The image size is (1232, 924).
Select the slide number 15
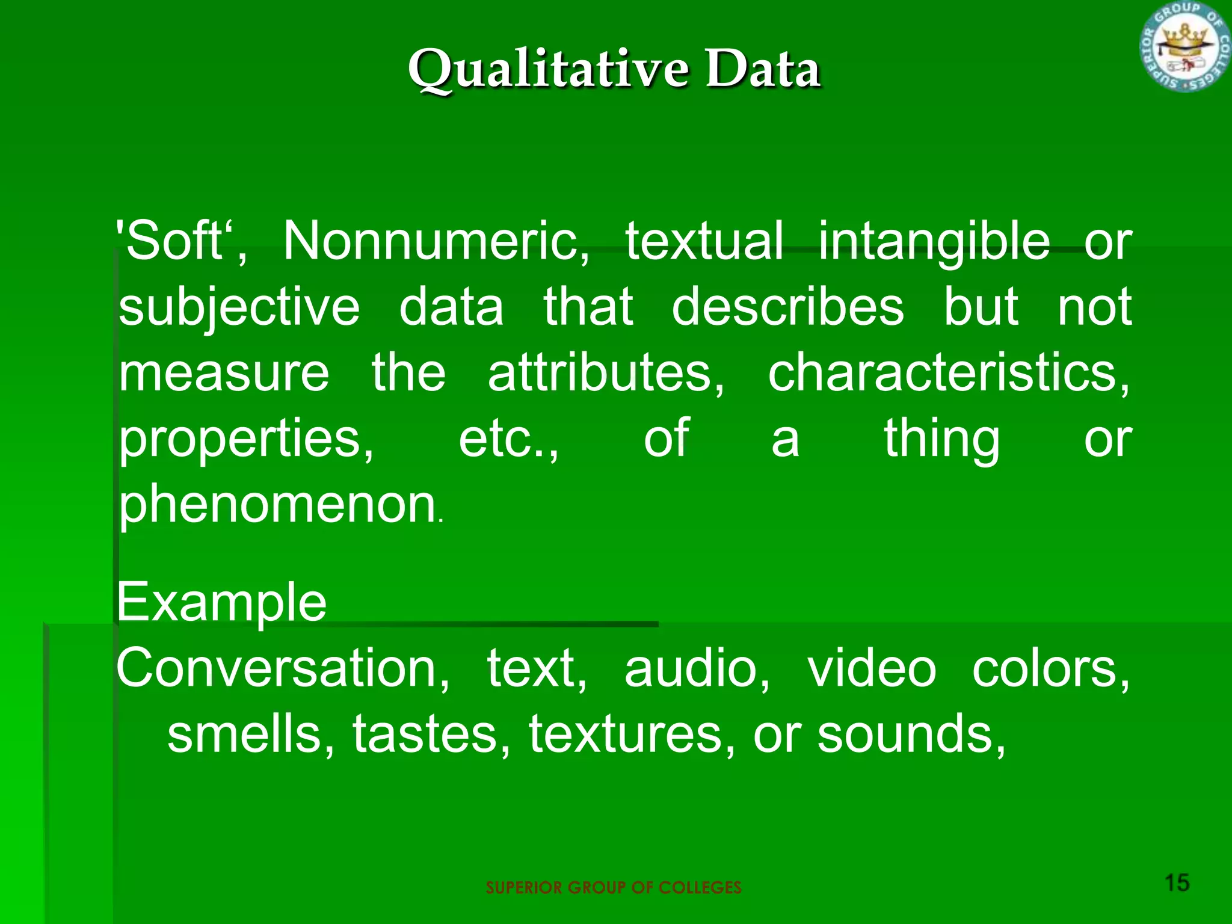click(1177, 882)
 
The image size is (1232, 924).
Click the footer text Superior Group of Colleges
click(614, 887)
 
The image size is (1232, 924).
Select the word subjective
click(239, 308)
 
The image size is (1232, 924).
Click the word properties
click(245, 440)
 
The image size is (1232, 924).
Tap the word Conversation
click(282, 668)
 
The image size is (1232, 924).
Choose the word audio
click(697, 668)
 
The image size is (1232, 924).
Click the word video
click(872, 668)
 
